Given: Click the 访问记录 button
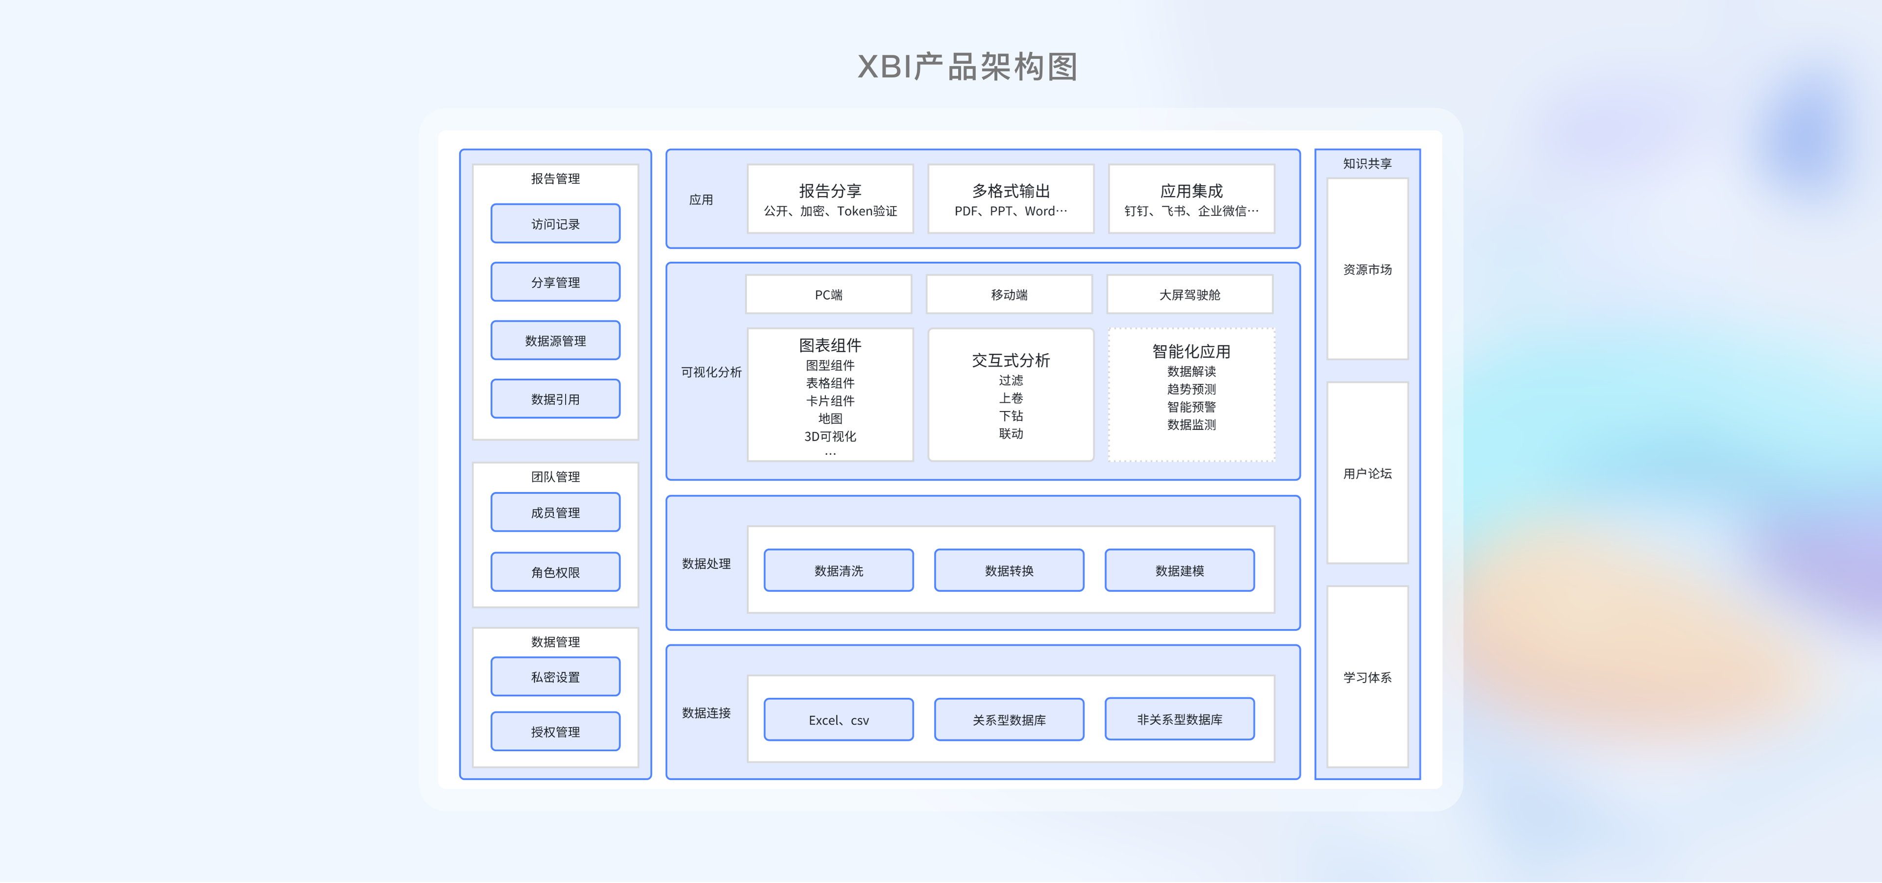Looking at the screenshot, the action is pos(555,223).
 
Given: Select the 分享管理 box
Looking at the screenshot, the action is pos(555,282).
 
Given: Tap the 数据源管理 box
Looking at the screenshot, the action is pos(555,341).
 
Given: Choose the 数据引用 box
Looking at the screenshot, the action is pos(555,399).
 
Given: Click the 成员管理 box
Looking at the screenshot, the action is pos(555,512).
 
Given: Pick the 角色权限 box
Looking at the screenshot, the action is pos(555,572).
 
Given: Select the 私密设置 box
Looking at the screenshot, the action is pos(555,676).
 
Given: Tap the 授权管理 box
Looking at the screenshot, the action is pos(555,731).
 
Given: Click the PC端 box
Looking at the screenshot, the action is pos(828,294).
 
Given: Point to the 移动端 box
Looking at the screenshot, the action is pos(1009,294).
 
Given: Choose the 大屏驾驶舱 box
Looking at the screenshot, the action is pos(1189,294).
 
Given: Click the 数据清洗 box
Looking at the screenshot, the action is pos(839,570).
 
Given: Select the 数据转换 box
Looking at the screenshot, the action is pos(1009,570).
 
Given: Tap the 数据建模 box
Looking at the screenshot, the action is pos(1179,570).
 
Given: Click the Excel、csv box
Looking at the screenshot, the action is pos(839,719).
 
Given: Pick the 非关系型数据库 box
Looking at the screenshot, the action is pos(1179,719).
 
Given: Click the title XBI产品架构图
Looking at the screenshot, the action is pos(967,67).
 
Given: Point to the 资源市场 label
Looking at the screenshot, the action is pos(1367,270).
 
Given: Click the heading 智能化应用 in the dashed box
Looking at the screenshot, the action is pos(1191,351).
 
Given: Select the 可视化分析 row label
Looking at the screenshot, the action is pos(711,372).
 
